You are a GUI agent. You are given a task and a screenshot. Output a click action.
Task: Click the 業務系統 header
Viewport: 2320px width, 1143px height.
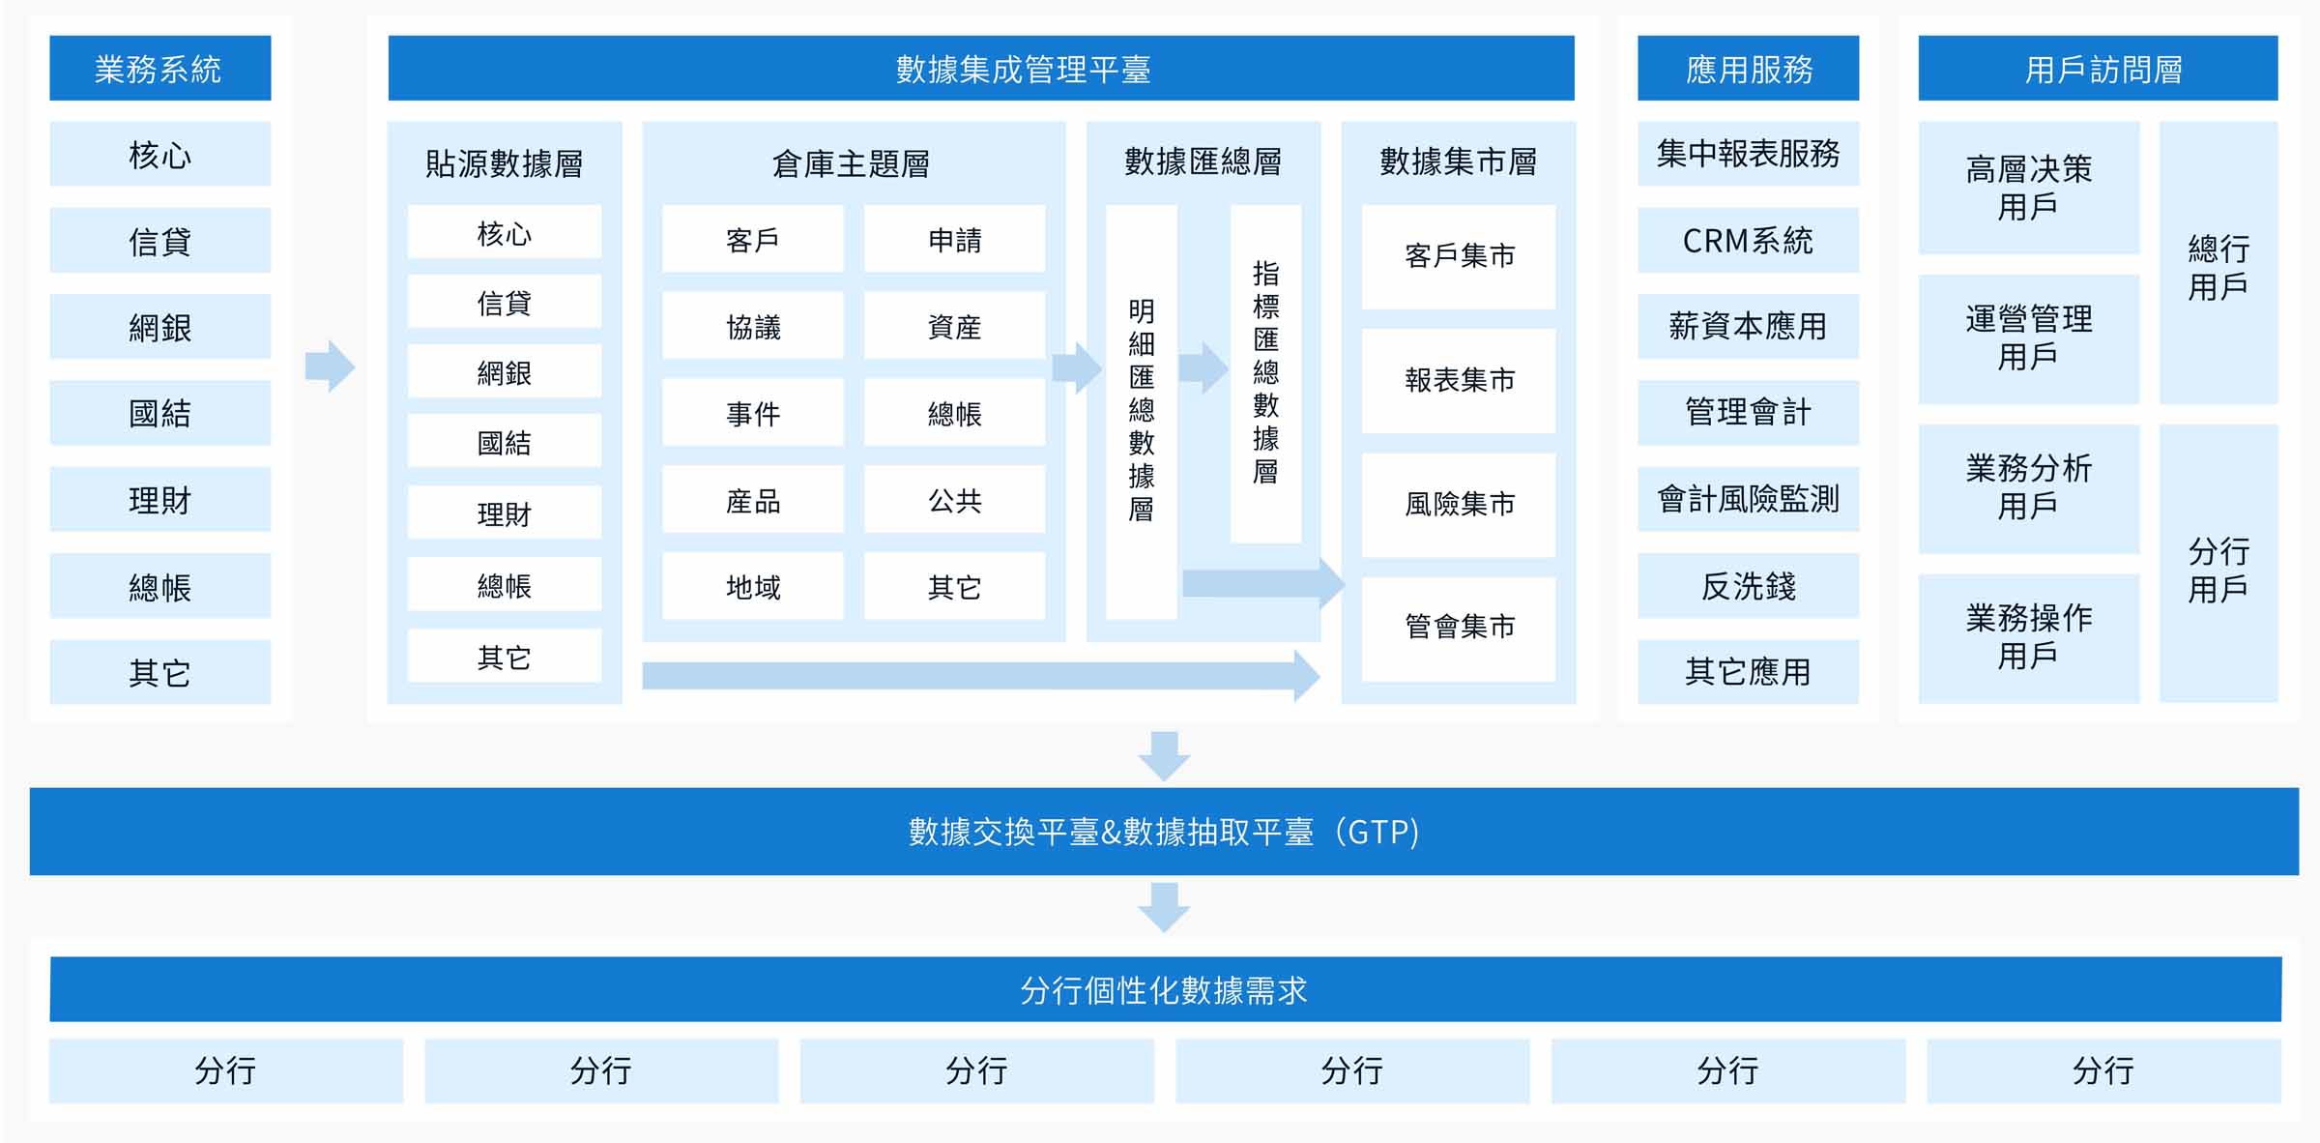click(160, 68)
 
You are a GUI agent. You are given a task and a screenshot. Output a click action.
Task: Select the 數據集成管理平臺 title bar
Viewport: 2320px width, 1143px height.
click(981, 68)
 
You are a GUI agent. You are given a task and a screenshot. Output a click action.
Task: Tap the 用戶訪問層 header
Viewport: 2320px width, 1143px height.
click(2098, 68)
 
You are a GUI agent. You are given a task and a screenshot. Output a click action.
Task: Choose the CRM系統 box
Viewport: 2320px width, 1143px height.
click(1748, 240)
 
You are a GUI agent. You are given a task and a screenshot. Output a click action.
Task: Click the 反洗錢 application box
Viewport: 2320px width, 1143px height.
click(1748, 585)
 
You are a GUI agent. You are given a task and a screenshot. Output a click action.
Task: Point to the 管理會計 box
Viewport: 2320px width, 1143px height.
click(1748, 412)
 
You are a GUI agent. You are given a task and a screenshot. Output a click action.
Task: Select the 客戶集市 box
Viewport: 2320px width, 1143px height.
click(1459, 256)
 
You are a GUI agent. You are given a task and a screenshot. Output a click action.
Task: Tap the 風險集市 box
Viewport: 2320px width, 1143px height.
click(1459, 505)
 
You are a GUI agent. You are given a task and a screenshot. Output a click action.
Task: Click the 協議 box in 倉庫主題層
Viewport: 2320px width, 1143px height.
click(753, 326)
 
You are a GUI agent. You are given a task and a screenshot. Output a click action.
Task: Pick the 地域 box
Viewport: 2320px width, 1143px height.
click(753, 586)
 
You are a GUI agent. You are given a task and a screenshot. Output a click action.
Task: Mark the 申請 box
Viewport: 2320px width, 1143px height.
click(954, 239)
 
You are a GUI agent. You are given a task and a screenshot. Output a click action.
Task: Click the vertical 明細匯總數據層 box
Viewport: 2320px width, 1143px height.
click(1142, 411)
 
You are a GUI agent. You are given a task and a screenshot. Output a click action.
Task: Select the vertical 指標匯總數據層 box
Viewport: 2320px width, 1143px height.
click(1265, 373)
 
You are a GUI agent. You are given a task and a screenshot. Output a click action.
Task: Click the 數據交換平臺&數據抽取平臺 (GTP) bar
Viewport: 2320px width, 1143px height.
click(1164, 832)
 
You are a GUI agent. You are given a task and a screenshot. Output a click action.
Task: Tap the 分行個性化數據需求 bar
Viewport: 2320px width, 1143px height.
click(1165, 989)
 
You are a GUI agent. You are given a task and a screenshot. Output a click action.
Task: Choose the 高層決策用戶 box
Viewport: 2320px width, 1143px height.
click(2028, 188)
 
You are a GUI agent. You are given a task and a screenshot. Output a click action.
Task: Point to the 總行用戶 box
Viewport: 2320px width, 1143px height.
click(2218, 262)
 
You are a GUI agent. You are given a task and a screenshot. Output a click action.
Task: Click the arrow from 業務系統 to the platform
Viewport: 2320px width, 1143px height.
click(331, 366)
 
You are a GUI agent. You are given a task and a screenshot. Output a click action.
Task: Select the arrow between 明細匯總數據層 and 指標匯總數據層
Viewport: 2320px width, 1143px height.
click(1203, 367)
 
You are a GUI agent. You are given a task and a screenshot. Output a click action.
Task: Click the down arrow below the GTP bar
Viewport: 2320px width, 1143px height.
click(1164, 907)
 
